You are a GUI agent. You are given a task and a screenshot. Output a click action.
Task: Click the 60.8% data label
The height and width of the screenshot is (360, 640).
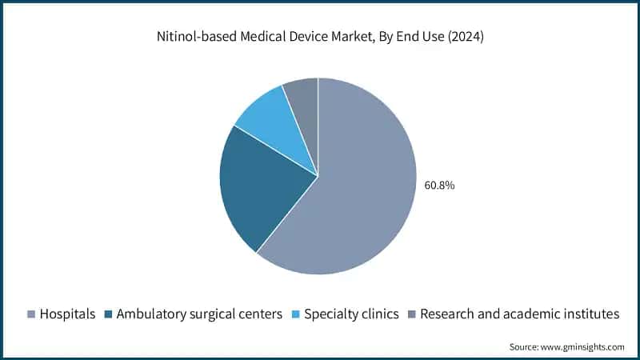439,185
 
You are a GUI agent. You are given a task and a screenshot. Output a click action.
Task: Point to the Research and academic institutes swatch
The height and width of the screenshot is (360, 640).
412,314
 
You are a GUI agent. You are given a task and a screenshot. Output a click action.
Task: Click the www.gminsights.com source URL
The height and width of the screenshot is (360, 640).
582,346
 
